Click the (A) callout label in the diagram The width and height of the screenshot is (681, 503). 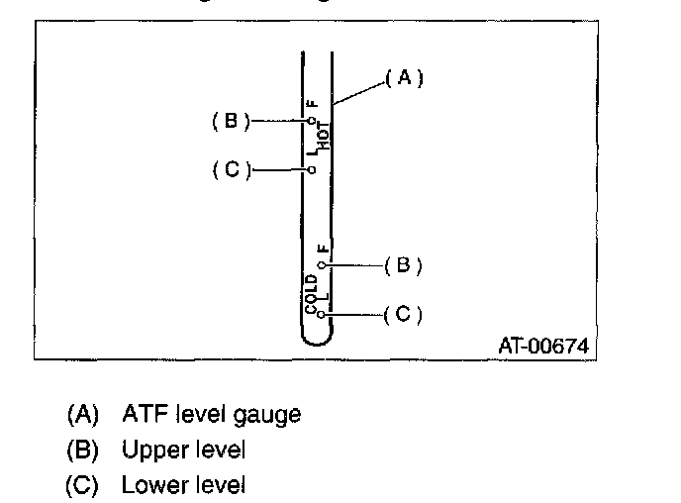point(403,78)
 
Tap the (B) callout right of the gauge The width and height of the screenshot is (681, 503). point(403,265)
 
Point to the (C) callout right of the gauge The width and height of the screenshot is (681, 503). point(403,314)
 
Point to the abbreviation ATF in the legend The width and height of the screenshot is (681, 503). point(142,414)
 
